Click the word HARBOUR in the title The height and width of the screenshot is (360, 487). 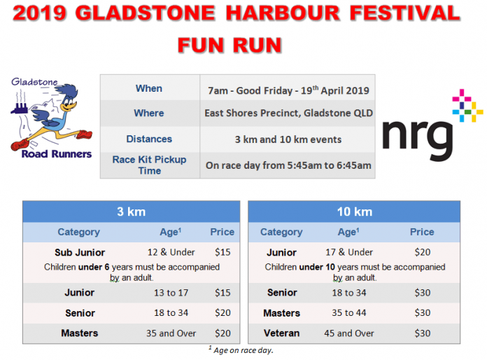pos(283,13)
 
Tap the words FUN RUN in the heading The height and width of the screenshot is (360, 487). pos(230,45)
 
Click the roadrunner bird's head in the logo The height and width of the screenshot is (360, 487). pos(69,97)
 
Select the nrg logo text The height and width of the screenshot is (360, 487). pos(418,139)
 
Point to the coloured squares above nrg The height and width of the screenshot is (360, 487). pos(467,106)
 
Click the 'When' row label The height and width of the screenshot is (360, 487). pos(149,88)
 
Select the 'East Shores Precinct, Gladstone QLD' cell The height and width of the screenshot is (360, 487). pos(288,113)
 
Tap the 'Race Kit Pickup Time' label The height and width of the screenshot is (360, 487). pos(150,165)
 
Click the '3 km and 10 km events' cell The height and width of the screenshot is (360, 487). pos(288,139)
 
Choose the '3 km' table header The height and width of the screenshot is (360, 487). pos(131,212)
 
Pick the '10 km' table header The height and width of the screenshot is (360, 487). pos(355,212)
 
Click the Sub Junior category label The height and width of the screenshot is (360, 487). pos(80,252)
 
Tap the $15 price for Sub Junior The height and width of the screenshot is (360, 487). pos(223,252)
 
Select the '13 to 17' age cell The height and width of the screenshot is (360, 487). pos(171,293)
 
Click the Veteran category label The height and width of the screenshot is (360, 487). pos(282,333)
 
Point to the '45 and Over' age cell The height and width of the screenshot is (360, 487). pos(349,333)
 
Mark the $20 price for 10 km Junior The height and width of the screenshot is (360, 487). pos(423,252)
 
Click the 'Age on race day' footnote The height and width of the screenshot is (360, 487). pos(241,349)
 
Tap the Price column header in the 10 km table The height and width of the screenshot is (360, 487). pos(422,232)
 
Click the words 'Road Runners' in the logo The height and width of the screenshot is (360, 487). pos(57,154)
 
